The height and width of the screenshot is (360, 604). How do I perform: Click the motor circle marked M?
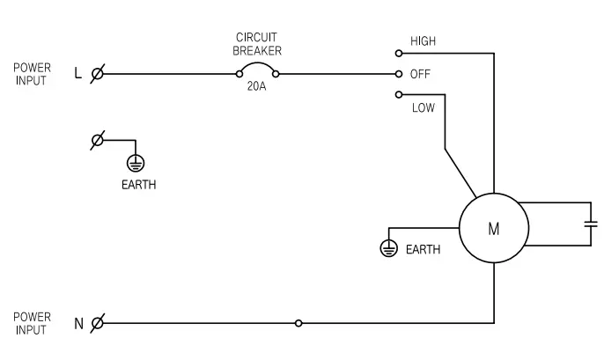point(493,229)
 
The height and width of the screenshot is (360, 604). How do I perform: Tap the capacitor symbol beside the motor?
point(591,224)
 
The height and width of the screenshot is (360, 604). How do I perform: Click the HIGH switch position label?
point(423,41)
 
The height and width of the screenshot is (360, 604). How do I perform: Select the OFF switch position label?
point(419,74)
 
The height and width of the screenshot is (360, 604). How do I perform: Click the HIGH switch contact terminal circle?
point(399,53)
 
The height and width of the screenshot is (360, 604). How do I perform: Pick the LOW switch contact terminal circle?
point(399,94)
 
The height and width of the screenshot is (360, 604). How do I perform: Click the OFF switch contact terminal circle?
point(399,74)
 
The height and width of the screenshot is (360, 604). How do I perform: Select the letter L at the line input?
point(78,74)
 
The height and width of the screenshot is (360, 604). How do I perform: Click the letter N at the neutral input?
point(78,323)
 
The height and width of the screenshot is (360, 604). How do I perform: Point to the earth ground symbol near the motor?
point(387,248)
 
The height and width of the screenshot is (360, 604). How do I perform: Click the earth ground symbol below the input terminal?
point(136,163)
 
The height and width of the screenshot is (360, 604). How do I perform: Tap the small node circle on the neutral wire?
point(298,323)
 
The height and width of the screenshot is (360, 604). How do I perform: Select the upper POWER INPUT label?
point(32,74)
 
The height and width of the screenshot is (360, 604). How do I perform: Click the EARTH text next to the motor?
point(424,250)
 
